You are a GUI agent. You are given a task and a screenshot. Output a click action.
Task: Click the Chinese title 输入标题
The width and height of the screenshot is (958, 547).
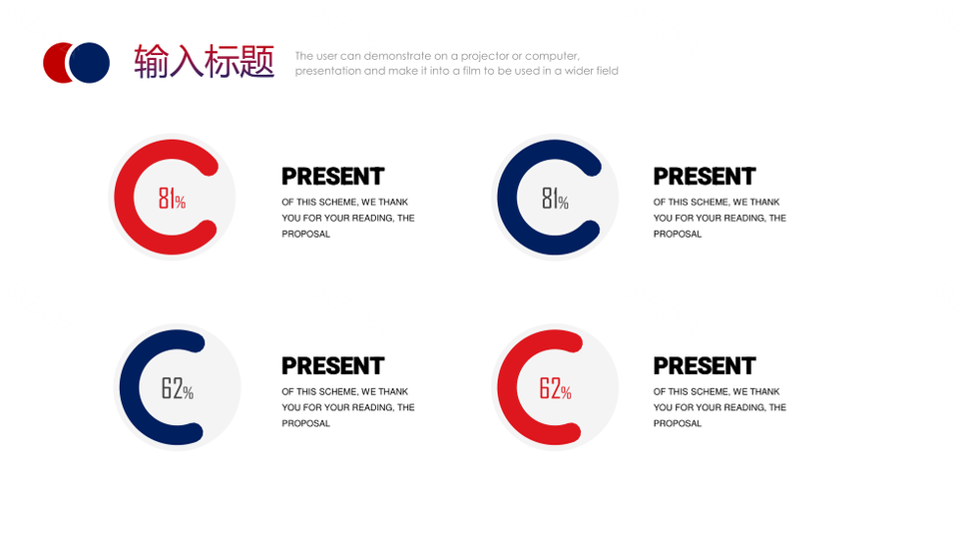(x=204, y=61)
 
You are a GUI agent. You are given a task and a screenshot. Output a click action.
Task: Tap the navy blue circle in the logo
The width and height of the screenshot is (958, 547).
(x=89, y=62)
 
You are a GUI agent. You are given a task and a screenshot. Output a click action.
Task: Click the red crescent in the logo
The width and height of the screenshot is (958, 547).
(x=56, y=62)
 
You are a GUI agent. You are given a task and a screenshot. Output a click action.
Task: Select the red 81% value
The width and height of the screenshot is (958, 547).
(x=172, y=199)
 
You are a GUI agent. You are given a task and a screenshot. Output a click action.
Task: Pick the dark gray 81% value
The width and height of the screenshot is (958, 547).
(x=555, y=199)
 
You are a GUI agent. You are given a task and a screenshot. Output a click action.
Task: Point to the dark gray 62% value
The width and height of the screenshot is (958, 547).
(x=178, y=388)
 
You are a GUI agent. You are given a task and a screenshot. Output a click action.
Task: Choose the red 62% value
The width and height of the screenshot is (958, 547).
(x=555, y=388)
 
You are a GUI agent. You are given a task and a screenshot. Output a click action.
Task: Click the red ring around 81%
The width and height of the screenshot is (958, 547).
(x=124, y=197)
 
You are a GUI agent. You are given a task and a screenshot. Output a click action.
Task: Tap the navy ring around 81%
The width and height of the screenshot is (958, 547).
(x=507, y=197)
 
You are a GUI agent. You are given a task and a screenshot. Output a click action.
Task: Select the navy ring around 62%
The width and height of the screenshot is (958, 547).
(x=130, y=387)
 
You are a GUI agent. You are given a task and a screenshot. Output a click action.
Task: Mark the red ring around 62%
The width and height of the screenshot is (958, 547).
(x=507, y=387)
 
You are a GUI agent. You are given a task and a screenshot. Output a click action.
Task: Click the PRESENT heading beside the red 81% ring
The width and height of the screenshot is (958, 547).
(x=333, y=177)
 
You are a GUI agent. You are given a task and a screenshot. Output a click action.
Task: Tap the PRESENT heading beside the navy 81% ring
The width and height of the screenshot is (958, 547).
(x=705, y=177)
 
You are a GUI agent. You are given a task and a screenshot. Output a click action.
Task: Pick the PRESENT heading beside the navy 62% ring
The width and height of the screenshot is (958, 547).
(x=333, y=366)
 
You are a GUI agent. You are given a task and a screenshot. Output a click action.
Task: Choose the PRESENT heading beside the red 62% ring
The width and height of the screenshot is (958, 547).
(x=705, y=366)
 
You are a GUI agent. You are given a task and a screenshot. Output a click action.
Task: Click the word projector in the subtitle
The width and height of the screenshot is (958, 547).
(x=484, y=56)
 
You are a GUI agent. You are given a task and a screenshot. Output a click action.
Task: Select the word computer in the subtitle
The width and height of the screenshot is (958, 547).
(x=552, y=56)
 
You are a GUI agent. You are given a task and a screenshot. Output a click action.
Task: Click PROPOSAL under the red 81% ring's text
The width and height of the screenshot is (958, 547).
(x=305, y=235)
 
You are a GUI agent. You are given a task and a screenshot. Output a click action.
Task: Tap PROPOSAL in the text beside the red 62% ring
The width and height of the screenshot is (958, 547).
(x=677, y=423)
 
